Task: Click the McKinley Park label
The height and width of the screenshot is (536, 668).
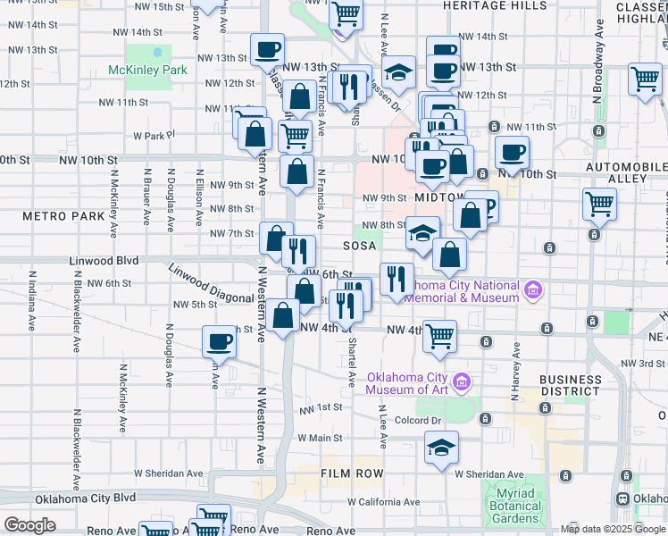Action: click(x=147, y=70)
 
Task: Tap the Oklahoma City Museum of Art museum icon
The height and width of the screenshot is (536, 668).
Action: click(x=462, y=382)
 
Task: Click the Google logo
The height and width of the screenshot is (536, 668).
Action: click(x=29, y=525)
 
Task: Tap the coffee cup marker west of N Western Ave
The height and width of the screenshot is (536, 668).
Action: click(x=219, y=341)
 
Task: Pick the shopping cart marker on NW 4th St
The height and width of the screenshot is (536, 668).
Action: click(x=439, y=336)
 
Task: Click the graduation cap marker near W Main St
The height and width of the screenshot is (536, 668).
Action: click(x=440, y=448)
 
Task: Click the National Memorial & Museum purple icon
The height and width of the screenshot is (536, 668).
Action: click(x=533, y=289)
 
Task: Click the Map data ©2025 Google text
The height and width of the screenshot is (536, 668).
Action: click(x=613, y=529)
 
